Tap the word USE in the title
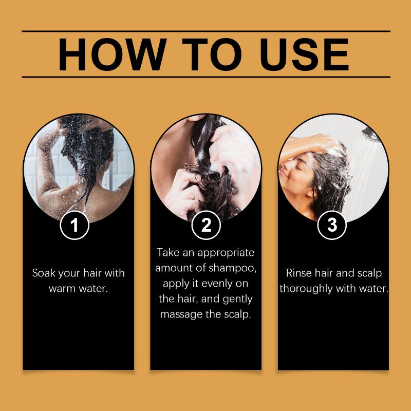point(304,54)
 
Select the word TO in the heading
point(212,54)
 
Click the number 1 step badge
point(74,225)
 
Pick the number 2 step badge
point(206,225)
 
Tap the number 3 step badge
point(332,225)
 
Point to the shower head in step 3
point(370,134)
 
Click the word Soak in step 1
point(44,273)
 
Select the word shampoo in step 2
point(232,268)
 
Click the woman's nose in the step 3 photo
point(283,166)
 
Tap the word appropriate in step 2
point(226,253)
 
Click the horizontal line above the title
point(206,31)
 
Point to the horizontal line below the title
point(206,77)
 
